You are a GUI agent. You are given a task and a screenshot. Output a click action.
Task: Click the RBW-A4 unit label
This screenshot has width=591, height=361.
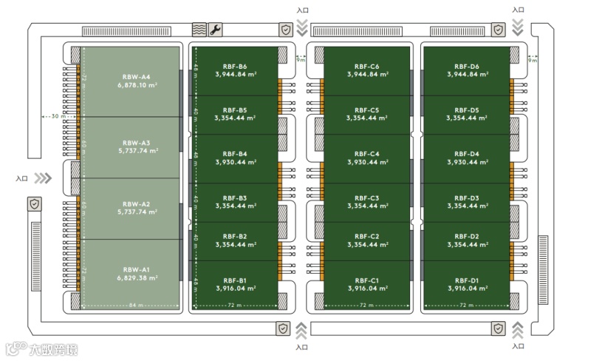[x=136, y=77]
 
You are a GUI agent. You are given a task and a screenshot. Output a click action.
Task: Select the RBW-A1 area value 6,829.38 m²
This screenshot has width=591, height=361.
[x=136, y=278]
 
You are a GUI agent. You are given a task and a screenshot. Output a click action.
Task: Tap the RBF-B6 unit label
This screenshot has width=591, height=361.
[x=235, y=67]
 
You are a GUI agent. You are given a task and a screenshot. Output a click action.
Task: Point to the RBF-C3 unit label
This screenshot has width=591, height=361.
[x=367, y=198]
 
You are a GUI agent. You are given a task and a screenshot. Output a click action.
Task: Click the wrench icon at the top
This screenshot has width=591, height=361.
[x=215, y=30]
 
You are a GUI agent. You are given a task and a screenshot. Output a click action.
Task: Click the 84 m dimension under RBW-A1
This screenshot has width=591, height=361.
[x=135, y=305]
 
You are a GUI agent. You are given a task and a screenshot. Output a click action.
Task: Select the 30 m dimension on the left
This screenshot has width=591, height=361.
[x=58, y=116]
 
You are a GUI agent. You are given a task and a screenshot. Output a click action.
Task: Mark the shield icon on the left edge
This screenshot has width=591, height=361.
[x=35, y=203]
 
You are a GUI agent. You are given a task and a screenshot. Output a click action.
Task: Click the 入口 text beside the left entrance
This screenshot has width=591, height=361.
[x=21, y=178]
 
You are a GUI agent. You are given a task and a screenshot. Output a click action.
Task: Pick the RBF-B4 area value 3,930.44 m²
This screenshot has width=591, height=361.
[x=235, y=162]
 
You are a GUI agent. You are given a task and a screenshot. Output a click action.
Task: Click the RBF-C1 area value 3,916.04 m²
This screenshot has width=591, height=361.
[x=367, y=289]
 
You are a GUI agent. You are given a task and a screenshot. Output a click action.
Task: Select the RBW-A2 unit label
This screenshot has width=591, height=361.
[x=136, y=203]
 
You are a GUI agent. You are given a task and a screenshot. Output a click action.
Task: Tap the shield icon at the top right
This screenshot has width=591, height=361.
[x=499, y=30]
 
